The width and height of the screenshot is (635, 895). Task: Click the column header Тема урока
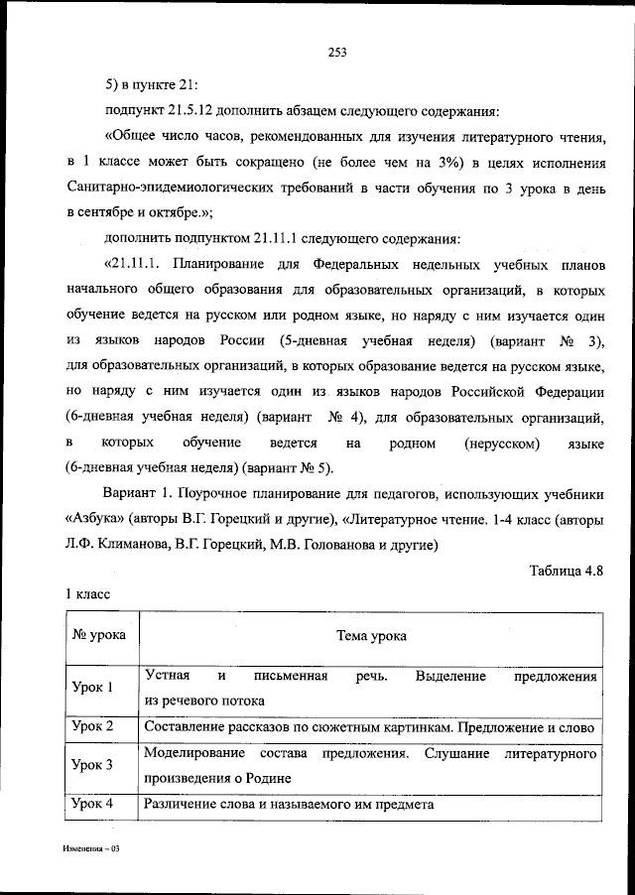[370, 636]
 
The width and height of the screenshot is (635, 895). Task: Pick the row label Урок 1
[93, 687]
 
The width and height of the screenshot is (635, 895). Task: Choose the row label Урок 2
[93, 726]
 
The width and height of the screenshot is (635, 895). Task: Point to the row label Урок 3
[93, 765]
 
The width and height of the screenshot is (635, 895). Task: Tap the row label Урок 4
[93, 804]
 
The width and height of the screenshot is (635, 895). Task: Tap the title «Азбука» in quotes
[98, 519]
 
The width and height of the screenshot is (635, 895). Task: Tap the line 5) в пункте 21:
[158, 81]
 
